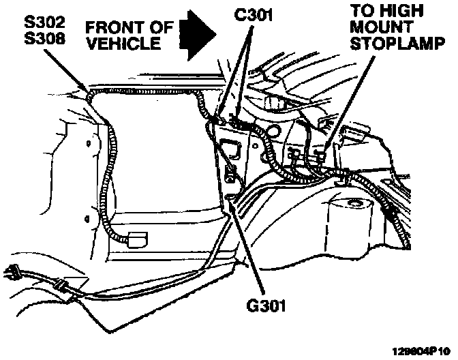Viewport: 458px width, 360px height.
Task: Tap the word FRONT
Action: pos(112,28)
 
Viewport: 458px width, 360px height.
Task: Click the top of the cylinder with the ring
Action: pos(353,202)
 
